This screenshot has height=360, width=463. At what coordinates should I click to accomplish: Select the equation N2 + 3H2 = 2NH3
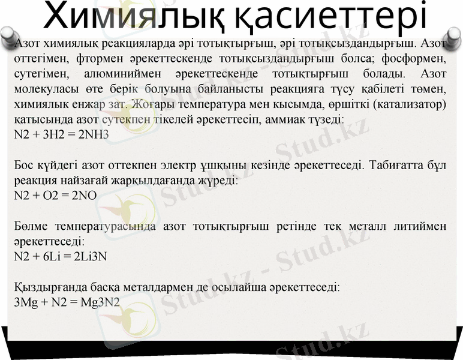(61, 134)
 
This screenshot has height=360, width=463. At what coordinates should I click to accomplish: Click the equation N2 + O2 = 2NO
(55, 195)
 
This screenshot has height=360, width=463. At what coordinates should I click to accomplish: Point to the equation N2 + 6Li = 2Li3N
(60, 256)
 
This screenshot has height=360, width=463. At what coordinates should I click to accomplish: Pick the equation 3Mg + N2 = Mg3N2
(67, 302)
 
